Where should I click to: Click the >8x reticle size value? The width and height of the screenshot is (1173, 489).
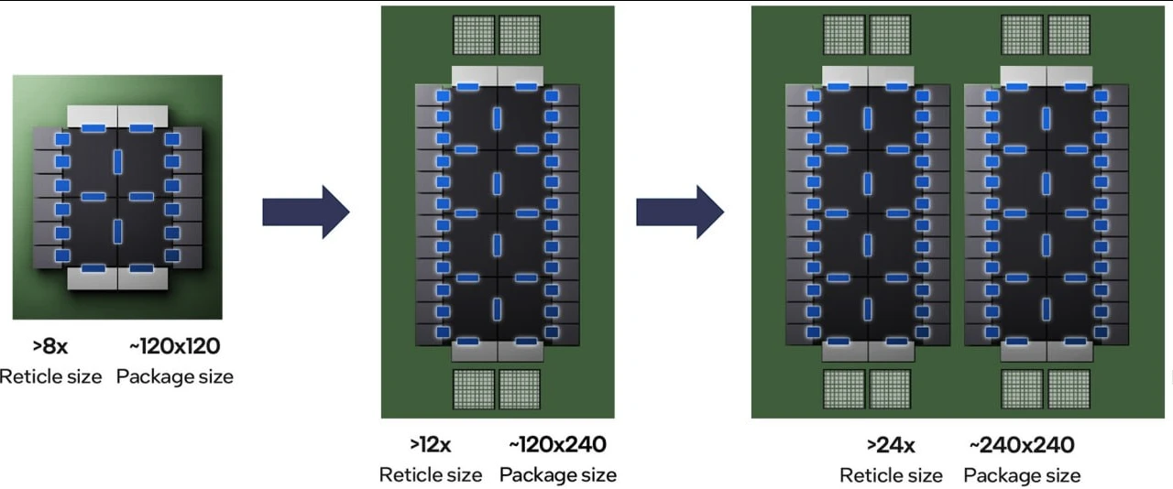tap(50, 346)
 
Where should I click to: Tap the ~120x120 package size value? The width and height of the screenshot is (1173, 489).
tap(175, 346)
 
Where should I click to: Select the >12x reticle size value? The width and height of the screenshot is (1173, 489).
tap(431, 445)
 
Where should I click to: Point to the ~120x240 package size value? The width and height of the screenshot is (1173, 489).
tap(558, 445)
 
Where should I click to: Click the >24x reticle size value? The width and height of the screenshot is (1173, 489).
tap(891, 446)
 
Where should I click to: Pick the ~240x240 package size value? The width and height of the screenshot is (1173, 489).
tap(1022, 446)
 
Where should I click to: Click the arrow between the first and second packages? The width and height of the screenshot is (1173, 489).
tap(306, 212)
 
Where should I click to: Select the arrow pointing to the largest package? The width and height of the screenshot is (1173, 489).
tap(680, 212)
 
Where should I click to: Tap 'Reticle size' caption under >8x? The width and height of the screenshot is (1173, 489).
tap(50, 377)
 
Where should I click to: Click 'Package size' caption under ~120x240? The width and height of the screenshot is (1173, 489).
tap(558, 475)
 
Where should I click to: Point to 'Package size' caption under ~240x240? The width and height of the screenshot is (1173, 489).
tap(1022, 476)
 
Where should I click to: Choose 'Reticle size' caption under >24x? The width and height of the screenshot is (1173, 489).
tap(891, 476)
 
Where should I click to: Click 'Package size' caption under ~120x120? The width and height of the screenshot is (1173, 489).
tap(175, 377)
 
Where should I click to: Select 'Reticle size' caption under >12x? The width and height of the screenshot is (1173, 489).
tap(431, 475)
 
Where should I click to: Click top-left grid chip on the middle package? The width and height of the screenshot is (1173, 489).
tap(474, 35)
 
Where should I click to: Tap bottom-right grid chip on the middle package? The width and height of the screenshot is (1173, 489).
tap(520, 389)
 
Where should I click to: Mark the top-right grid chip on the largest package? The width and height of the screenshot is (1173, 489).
tap(1069, 35)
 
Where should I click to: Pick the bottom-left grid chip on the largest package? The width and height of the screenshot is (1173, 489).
tap(844, 389)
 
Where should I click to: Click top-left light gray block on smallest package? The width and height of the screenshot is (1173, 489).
tap(93, 116)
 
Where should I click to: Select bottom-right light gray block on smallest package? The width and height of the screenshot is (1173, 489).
tap(143, 278)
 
